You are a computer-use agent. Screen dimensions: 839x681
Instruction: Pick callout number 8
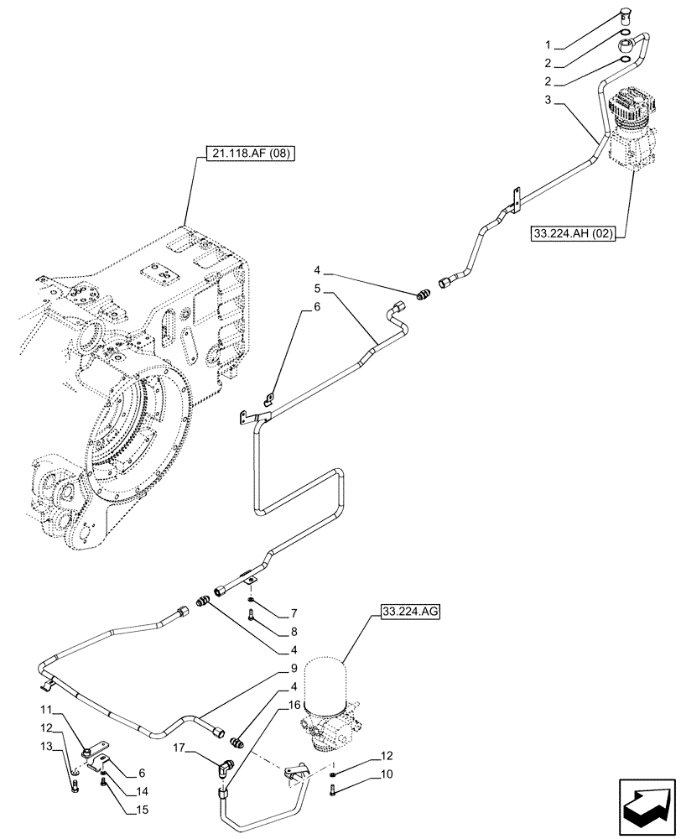point(294,630)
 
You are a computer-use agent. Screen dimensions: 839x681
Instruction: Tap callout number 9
point(294,670)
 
